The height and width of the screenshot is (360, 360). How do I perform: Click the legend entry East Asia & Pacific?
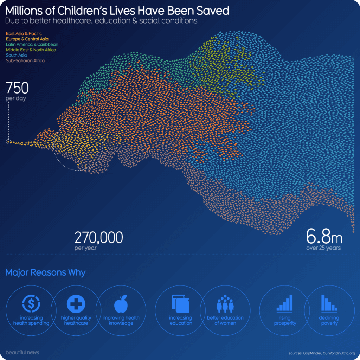point(24,33)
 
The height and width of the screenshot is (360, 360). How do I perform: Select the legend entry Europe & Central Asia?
point(27,39)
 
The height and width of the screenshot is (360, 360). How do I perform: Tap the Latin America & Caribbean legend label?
point(32,45)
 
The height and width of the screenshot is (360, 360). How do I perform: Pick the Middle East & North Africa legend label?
point(31,50)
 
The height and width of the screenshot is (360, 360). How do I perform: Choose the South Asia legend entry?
point(16,55)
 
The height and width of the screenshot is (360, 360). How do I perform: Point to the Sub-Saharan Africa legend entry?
point(25,60)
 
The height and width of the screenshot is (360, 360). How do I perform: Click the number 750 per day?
point(17,88)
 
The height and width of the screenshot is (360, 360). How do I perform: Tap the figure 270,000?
point(98,238)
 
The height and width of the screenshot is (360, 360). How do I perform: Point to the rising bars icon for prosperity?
point(285,303)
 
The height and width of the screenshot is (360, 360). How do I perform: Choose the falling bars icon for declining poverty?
point(329,303)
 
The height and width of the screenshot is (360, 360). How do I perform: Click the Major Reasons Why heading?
point(45,272)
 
